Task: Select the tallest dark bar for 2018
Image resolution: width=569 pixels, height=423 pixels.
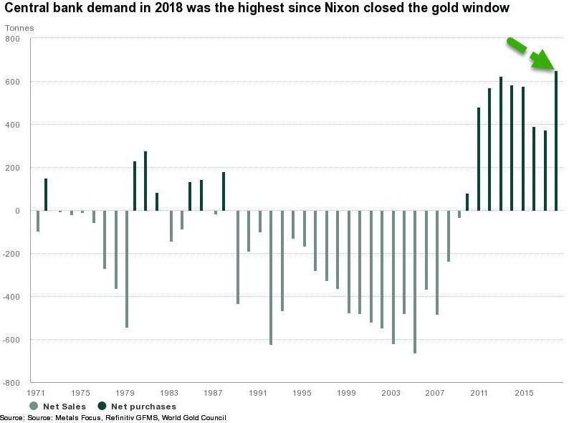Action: pyautogui.click(x=556, y=141)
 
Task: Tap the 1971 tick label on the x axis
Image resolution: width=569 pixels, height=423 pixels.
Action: pyautogui.click(x=37, y=393)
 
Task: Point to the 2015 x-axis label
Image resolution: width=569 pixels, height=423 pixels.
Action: pyautogui.click(x=524, y=393)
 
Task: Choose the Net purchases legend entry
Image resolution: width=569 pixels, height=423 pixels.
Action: pyautogui.click(x=136, y=407)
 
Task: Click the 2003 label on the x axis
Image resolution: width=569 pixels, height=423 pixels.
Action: pyautogui.click(x=391, y=393)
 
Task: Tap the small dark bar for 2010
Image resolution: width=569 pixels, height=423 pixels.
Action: pyautogui.click(x=467, y=202)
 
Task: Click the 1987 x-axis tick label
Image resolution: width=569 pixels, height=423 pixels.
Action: pyautogui.click(x=213, y=393)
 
